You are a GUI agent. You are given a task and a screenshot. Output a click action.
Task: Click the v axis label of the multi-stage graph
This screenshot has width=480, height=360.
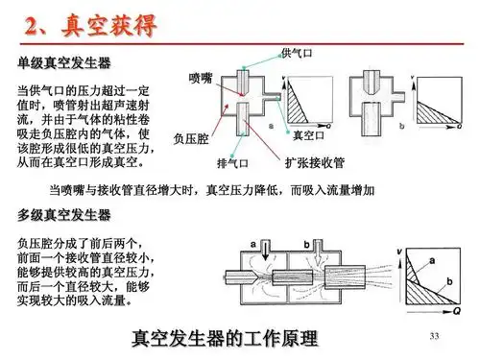click(399, 252)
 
